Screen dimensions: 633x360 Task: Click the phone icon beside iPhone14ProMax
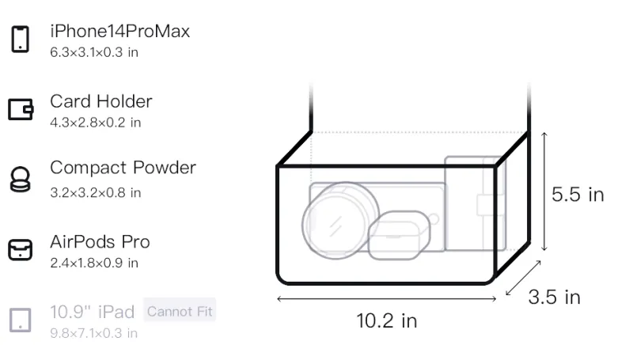pos(21,39)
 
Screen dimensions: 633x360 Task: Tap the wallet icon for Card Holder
pos(21,109)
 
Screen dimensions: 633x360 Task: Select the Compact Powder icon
pos(20,179)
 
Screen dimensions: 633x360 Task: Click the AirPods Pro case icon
pos(21,250)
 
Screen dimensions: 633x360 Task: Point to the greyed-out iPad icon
pos(21,320)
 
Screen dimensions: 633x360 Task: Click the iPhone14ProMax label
pos(120,31)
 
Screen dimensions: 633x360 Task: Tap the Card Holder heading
pos(101,101)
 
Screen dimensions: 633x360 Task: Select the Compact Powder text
pos(123,168)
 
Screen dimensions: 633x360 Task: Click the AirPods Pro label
pos(100,242)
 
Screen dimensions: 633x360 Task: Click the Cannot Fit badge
pos(180,311)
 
